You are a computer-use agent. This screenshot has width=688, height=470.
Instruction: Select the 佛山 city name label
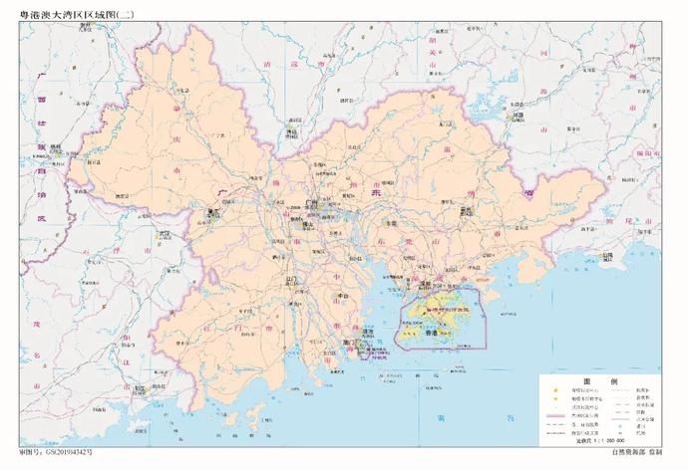(297, 225)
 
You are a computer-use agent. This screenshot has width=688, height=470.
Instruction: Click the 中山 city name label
(342, 296)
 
